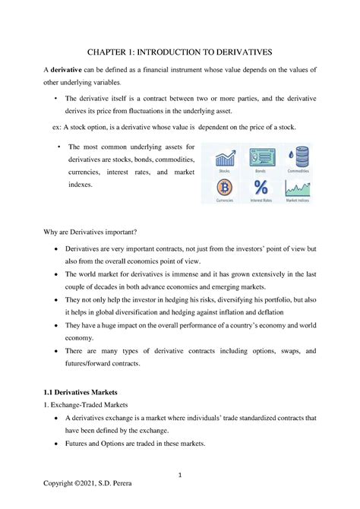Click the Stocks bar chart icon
coord(224,159)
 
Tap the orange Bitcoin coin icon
coord(224,187)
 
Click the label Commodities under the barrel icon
coord(297,172)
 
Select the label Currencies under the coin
coord(224,201)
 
